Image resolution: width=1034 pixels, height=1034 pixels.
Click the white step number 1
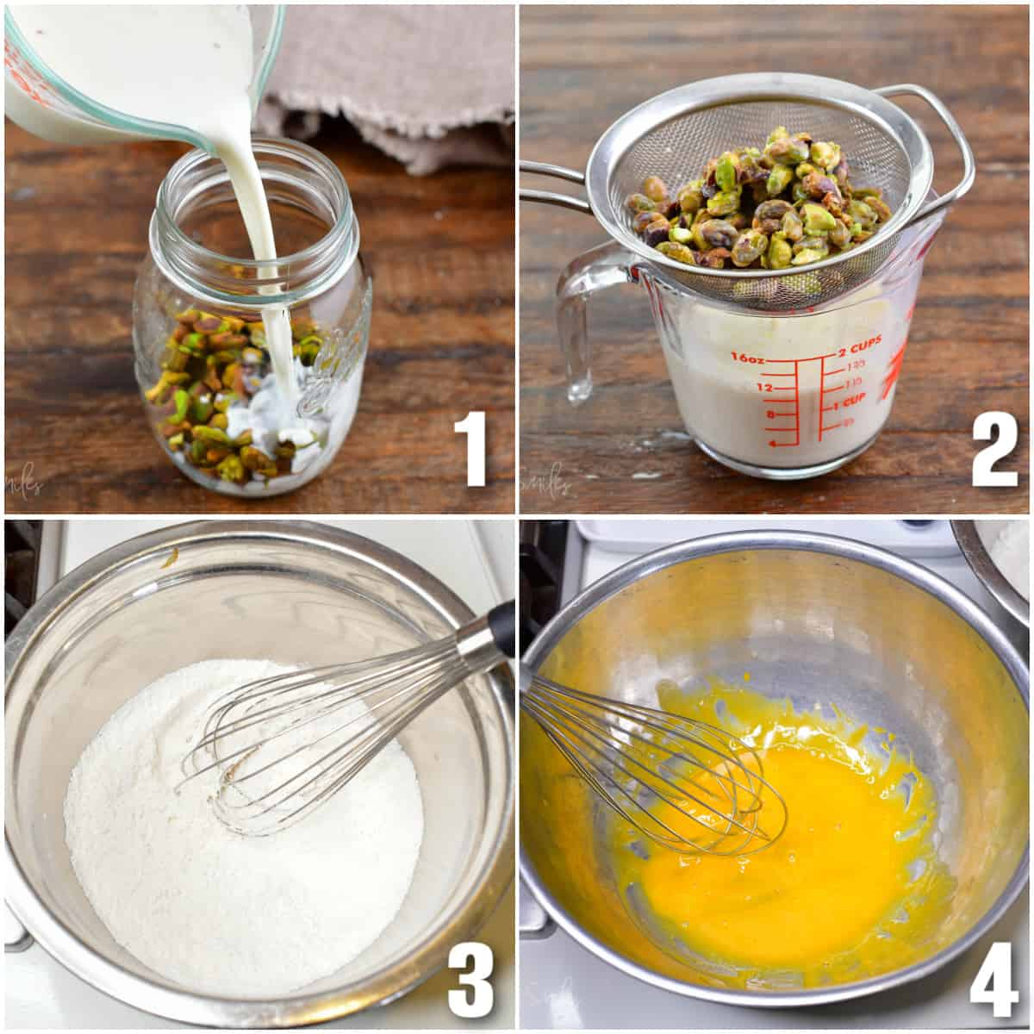click(474, 448)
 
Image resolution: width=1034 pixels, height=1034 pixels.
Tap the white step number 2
click(994, 448)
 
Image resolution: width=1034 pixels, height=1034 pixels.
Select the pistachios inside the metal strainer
click(758, 207)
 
